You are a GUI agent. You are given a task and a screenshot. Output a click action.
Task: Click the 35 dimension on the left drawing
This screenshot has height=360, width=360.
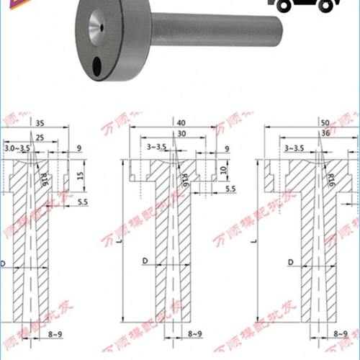[x=39, y=124]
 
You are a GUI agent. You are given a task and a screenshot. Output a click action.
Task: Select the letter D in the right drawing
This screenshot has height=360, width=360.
[x=289, y=261]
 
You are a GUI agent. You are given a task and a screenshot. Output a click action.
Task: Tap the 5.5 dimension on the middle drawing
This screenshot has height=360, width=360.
[x=230, y=189]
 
